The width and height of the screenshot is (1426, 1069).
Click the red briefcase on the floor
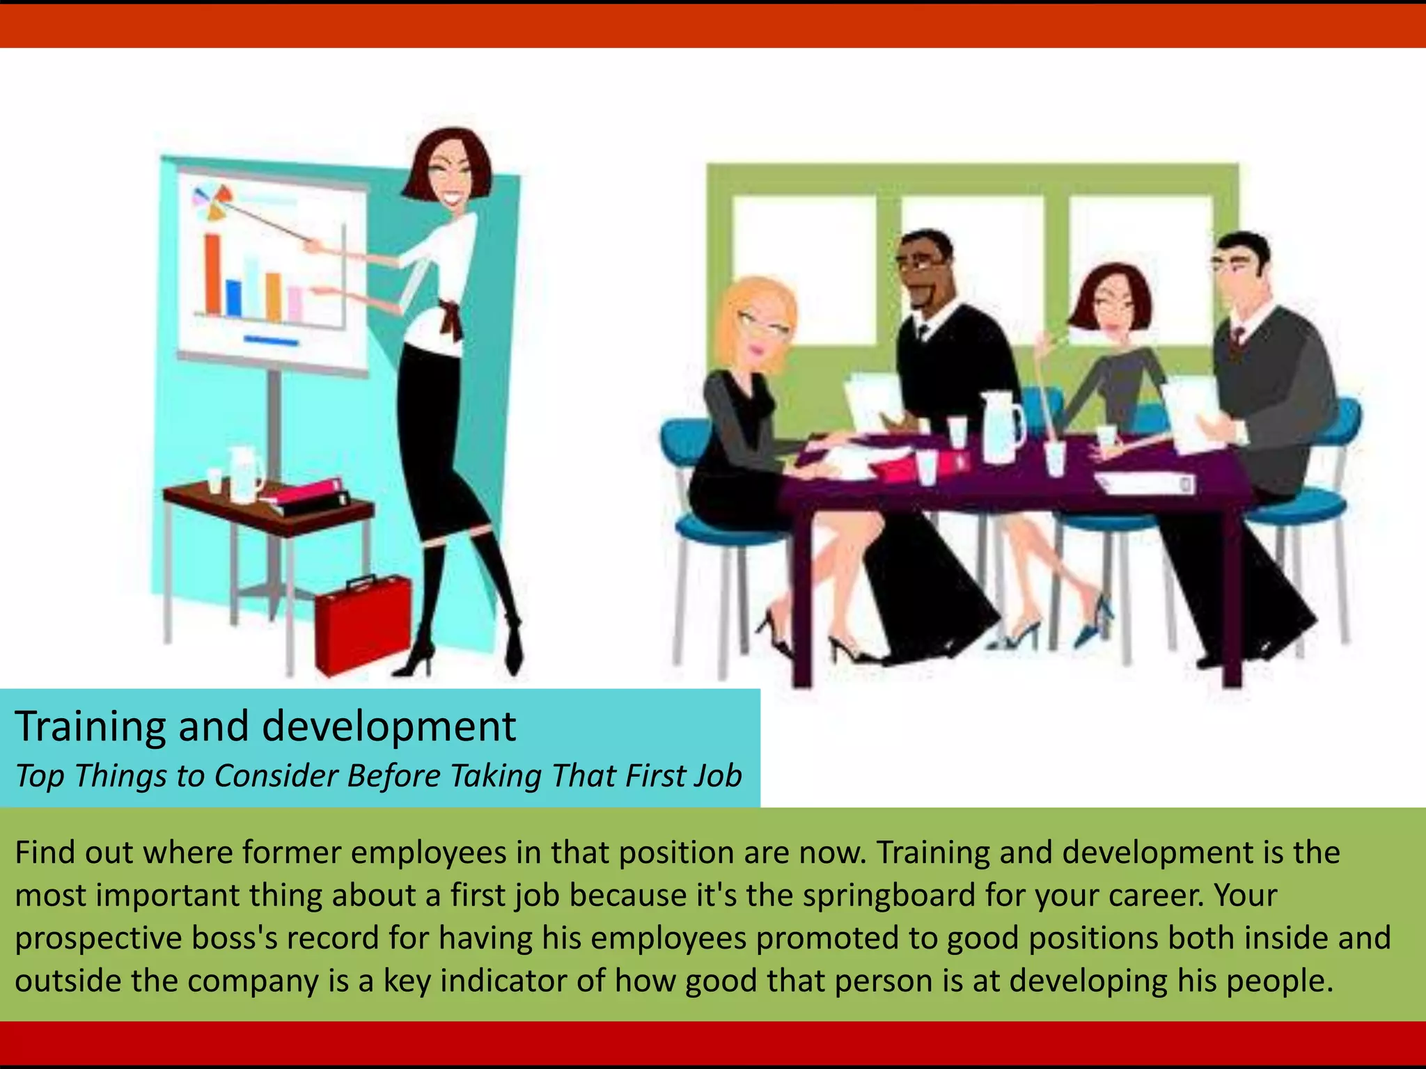pyautogui.click(x=363, y=623)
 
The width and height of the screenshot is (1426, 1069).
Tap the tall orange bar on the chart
pyautogui.click(x=212, y=274)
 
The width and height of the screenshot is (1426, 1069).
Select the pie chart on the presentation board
pyautogui.click(x=212, y=202)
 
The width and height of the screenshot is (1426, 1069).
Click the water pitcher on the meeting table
pyautogui.click(x=1001, y=427)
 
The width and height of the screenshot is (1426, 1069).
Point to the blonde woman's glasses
pyautogui.click(x=763, y=324)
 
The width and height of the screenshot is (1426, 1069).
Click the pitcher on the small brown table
pyautogui.click(x=244, y=473)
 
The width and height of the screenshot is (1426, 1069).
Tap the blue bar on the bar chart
pyautogui.click(x=234, y=298)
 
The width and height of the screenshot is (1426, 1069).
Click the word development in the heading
pyautogui.click(x=389, y=727)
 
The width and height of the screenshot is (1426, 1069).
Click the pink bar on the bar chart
pyautogui.click(x=295, y=305)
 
